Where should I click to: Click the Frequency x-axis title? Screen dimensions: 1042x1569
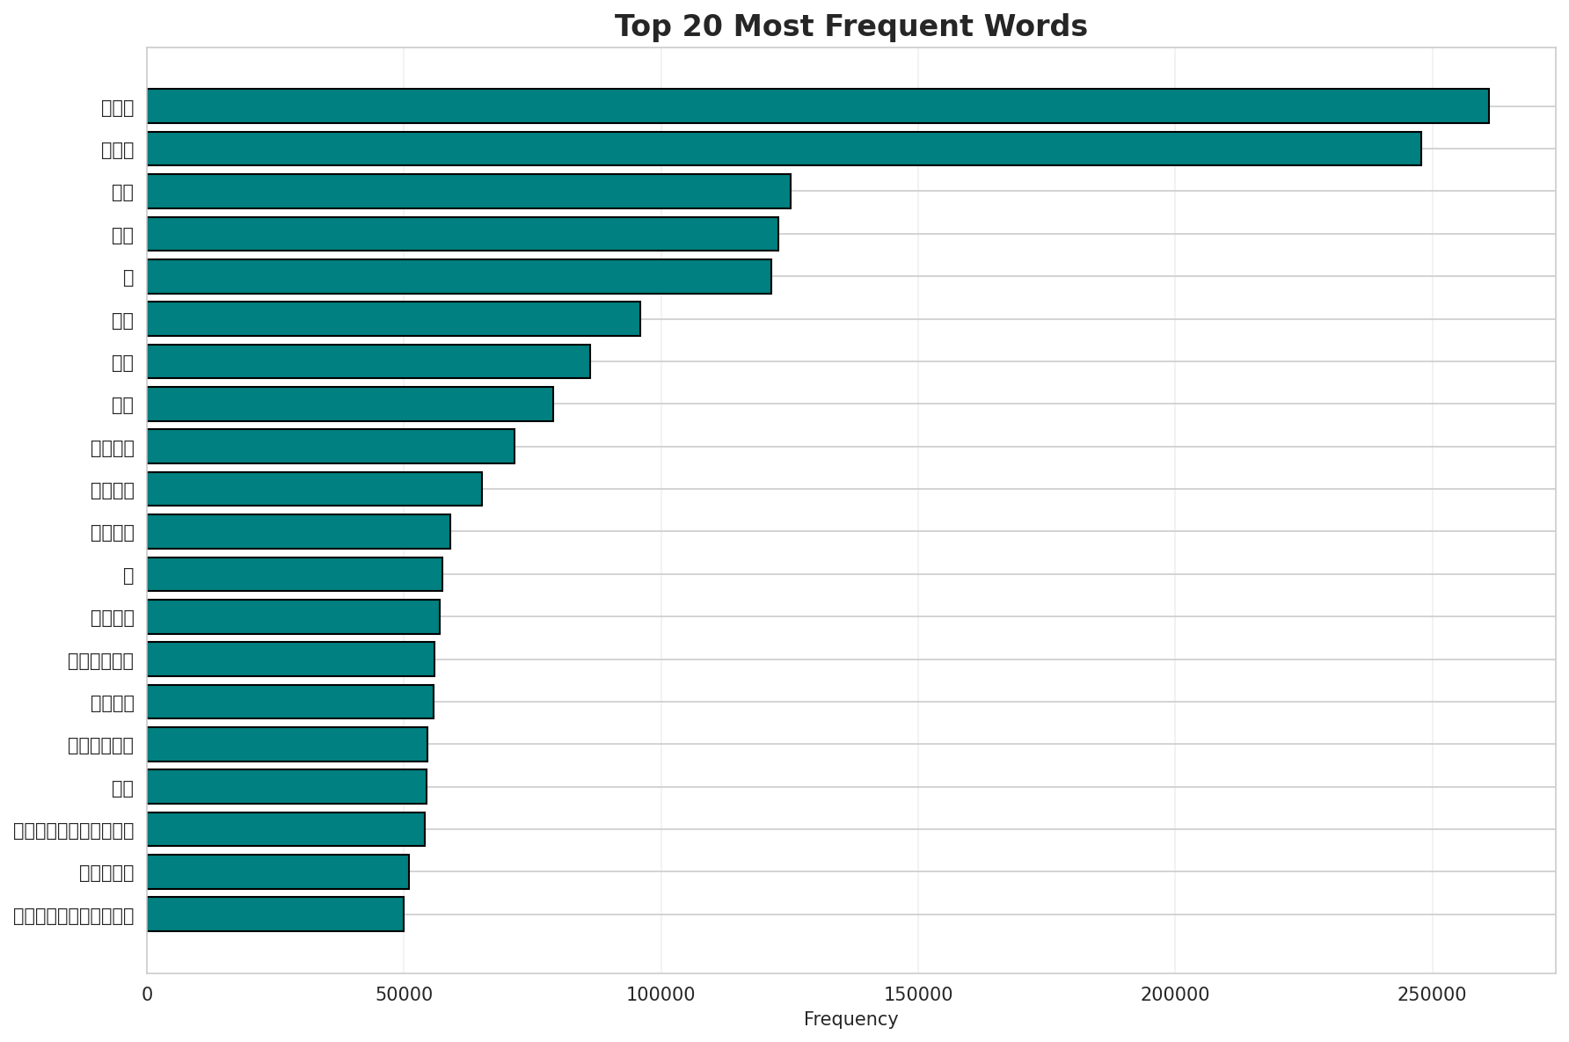(850, 1019)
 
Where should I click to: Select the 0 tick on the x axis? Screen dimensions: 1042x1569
(147, 994)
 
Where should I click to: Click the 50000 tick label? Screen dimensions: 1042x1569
(404, 994)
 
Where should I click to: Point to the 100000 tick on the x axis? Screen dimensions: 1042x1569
(660, 994)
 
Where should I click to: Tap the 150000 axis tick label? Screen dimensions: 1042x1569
(917, 994)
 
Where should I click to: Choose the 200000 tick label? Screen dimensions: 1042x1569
(1174, 994)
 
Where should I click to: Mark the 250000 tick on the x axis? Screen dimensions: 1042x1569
(1431, 994)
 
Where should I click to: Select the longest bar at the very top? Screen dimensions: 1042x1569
(818, 106)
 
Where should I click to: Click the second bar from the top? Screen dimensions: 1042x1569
(784, 149)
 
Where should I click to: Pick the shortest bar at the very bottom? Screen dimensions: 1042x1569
(275, 914)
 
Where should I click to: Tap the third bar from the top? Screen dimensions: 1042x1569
(469, 191)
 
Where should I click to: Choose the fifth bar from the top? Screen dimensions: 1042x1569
(459, 276)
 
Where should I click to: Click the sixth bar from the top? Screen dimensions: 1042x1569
(393, 318)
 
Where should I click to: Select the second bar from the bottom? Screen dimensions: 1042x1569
(278, 871)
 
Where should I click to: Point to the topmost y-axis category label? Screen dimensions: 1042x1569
(117, 108)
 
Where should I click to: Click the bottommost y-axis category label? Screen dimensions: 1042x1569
(74, 916)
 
